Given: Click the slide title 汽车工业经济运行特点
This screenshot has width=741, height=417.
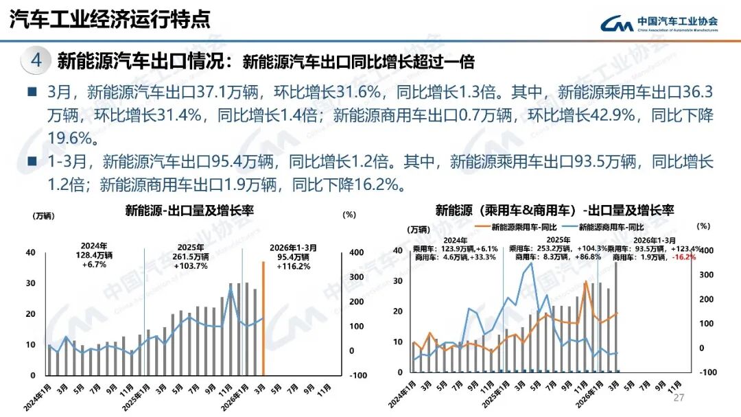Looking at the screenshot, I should (110, 20).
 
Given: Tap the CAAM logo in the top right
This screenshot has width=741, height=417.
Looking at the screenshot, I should (659, 23).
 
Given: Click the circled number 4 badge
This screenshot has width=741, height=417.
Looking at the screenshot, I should (36, 60).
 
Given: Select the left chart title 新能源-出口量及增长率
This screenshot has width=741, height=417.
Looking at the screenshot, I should (189, 211).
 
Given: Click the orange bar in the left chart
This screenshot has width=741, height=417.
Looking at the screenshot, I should (263, 318).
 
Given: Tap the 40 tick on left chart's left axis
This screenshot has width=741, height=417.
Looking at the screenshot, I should (30, 252).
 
